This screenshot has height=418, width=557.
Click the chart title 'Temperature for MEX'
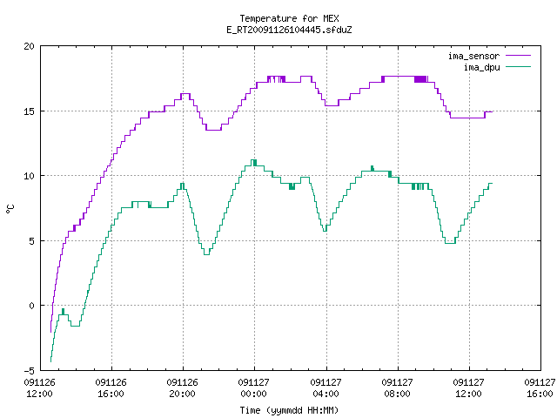pos(289,18)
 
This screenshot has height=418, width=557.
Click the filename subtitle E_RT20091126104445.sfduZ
pos(289,30)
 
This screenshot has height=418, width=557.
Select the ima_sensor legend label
pos(473,56)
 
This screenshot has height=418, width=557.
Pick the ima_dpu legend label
pos(481,67)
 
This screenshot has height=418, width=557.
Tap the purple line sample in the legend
pos(518,56)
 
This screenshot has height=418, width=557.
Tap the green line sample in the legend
pos(518,67)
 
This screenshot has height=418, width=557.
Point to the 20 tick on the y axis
pos(29,46)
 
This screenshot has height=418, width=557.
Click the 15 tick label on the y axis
pos(29,111)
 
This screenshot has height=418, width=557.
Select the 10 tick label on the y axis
pos(29,176)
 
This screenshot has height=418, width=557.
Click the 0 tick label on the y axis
pos(31,306)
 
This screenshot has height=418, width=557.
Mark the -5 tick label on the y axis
pos(29,371)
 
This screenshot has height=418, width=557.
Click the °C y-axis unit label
pos(10,209)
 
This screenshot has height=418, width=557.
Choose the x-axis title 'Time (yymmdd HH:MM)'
pos(289,410)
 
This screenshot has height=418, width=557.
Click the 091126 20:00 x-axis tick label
pos(182,388)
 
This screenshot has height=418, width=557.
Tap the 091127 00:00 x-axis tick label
pos(253,388)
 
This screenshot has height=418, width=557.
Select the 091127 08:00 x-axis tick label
pos(397,388)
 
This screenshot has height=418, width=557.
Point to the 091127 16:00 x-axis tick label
pos(540,388)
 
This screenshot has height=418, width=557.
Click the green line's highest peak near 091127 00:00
pos(253,160)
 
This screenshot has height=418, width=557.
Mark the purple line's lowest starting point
pos(50,332)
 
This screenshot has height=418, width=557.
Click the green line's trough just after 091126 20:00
pos(206,254)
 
